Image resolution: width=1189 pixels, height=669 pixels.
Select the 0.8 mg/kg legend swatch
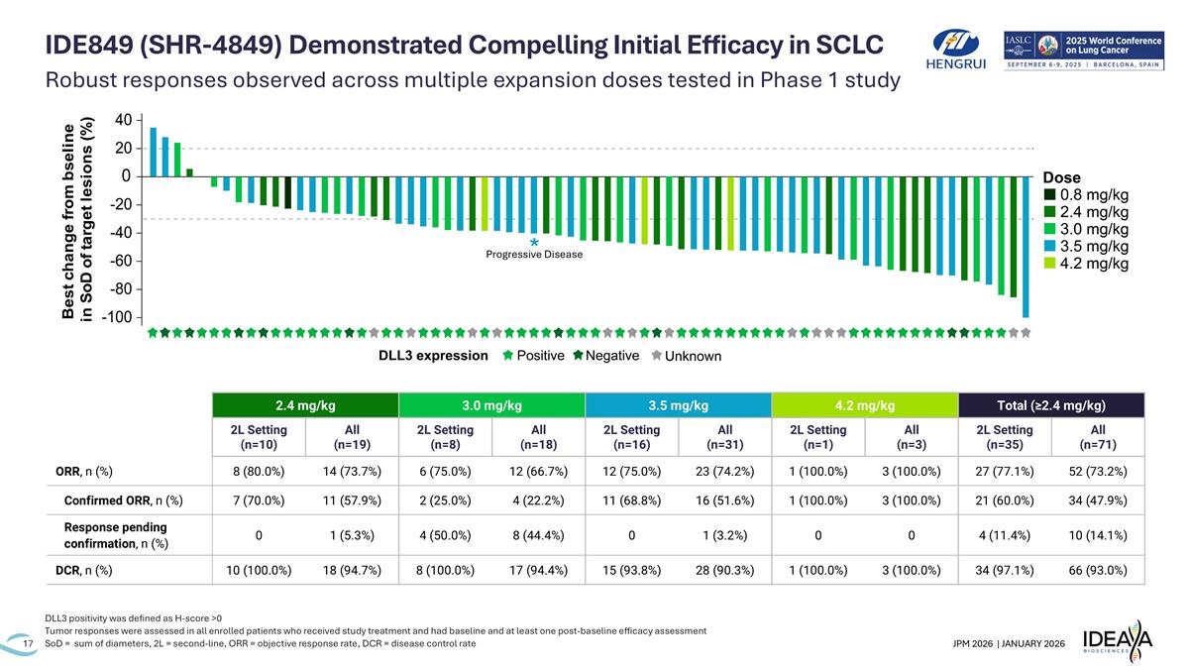(x=1050, y=194)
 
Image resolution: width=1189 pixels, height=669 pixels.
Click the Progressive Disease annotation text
(x=534, y=255)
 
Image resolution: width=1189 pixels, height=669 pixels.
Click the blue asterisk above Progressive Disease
(x=534, y=243)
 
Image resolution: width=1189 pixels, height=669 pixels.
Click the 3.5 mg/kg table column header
(x=678, y=405)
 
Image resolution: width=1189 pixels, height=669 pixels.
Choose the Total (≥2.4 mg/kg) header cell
(x=1051, y=405)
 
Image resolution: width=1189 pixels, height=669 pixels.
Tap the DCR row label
(x=84, y=570)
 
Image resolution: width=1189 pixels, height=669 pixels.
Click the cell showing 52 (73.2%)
(x=1098, y=471)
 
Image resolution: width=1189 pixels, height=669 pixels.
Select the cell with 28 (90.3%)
(x=724, y=570)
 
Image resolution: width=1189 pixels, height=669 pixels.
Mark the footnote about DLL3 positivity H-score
(x=134, y=618)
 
